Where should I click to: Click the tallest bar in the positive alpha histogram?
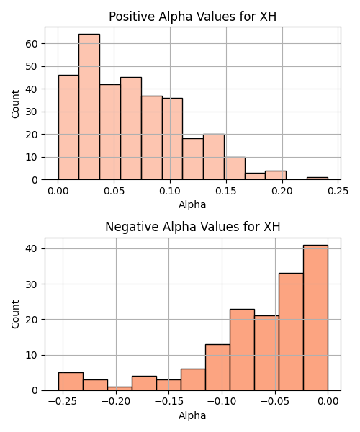point(89,107)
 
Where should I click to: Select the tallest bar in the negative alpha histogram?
point(315,318)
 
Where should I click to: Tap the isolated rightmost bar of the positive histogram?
point(318,179)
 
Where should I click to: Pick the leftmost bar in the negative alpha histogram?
point(71,382)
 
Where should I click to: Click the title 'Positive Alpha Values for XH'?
point(192,17)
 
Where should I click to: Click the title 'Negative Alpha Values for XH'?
point(192,227)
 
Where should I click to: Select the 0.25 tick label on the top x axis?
point(338,191)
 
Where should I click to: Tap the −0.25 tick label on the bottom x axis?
point(63,402)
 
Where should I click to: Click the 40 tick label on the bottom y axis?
point(32,249)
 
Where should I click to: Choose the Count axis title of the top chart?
point(15,104)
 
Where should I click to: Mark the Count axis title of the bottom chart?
point(15,315)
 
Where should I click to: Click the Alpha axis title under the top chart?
point(192,204)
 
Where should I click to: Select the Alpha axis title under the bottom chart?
point(192,415)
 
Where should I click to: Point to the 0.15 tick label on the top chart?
point(226,191)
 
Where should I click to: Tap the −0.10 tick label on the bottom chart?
point(222,402)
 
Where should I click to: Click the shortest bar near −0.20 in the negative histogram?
point(120,389)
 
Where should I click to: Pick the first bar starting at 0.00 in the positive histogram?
point(68,127)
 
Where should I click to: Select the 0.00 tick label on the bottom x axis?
point(328,402)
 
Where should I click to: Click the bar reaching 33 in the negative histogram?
point(291,332)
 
